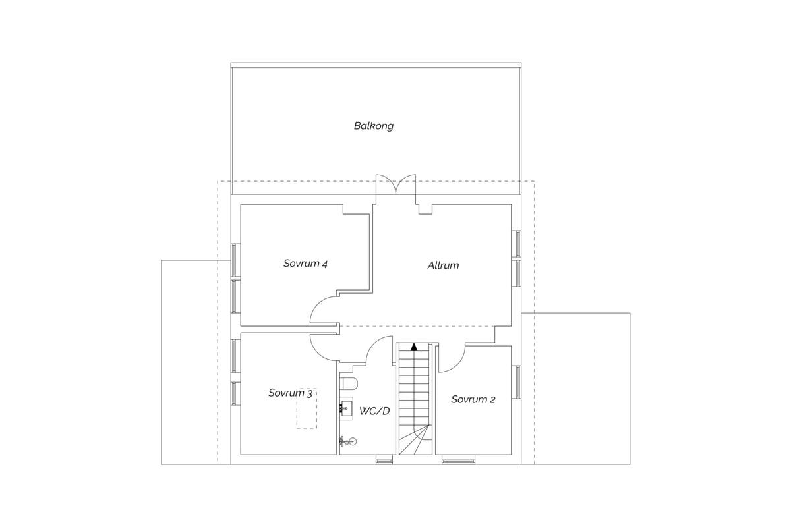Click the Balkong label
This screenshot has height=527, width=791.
tap(374, 126)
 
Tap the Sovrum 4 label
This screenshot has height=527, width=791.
tap(305, 263)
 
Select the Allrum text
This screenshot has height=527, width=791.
tap(443, 265)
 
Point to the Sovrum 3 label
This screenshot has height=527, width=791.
tap(290, 393)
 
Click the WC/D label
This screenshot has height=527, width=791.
tap(374, 411)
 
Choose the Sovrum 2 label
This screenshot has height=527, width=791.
tap(473, 399)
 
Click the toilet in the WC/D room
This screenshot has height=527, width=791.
tap(349, 384)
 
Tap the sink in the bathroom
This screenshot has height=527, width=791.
tap(346, 408)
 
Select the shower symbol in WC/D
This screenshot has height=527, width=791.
tap(348, 441)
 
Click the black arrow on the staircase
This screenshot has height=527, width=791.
tap(414, 347)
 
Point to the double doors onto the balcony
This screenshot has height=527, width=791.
tap(396, 184)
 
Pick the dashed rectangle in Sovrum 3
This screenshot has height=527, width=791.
tap(307, 408)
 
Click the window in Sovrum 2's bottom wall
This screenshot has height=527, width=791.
tap(458, 460)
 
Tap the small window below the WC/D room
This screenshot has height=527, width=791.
tap(384, 460)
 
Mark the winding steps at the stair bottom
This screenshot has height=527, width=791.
tap(415, 440)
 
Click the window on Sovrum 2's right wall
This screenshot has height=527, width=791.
tap(516, 382)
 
